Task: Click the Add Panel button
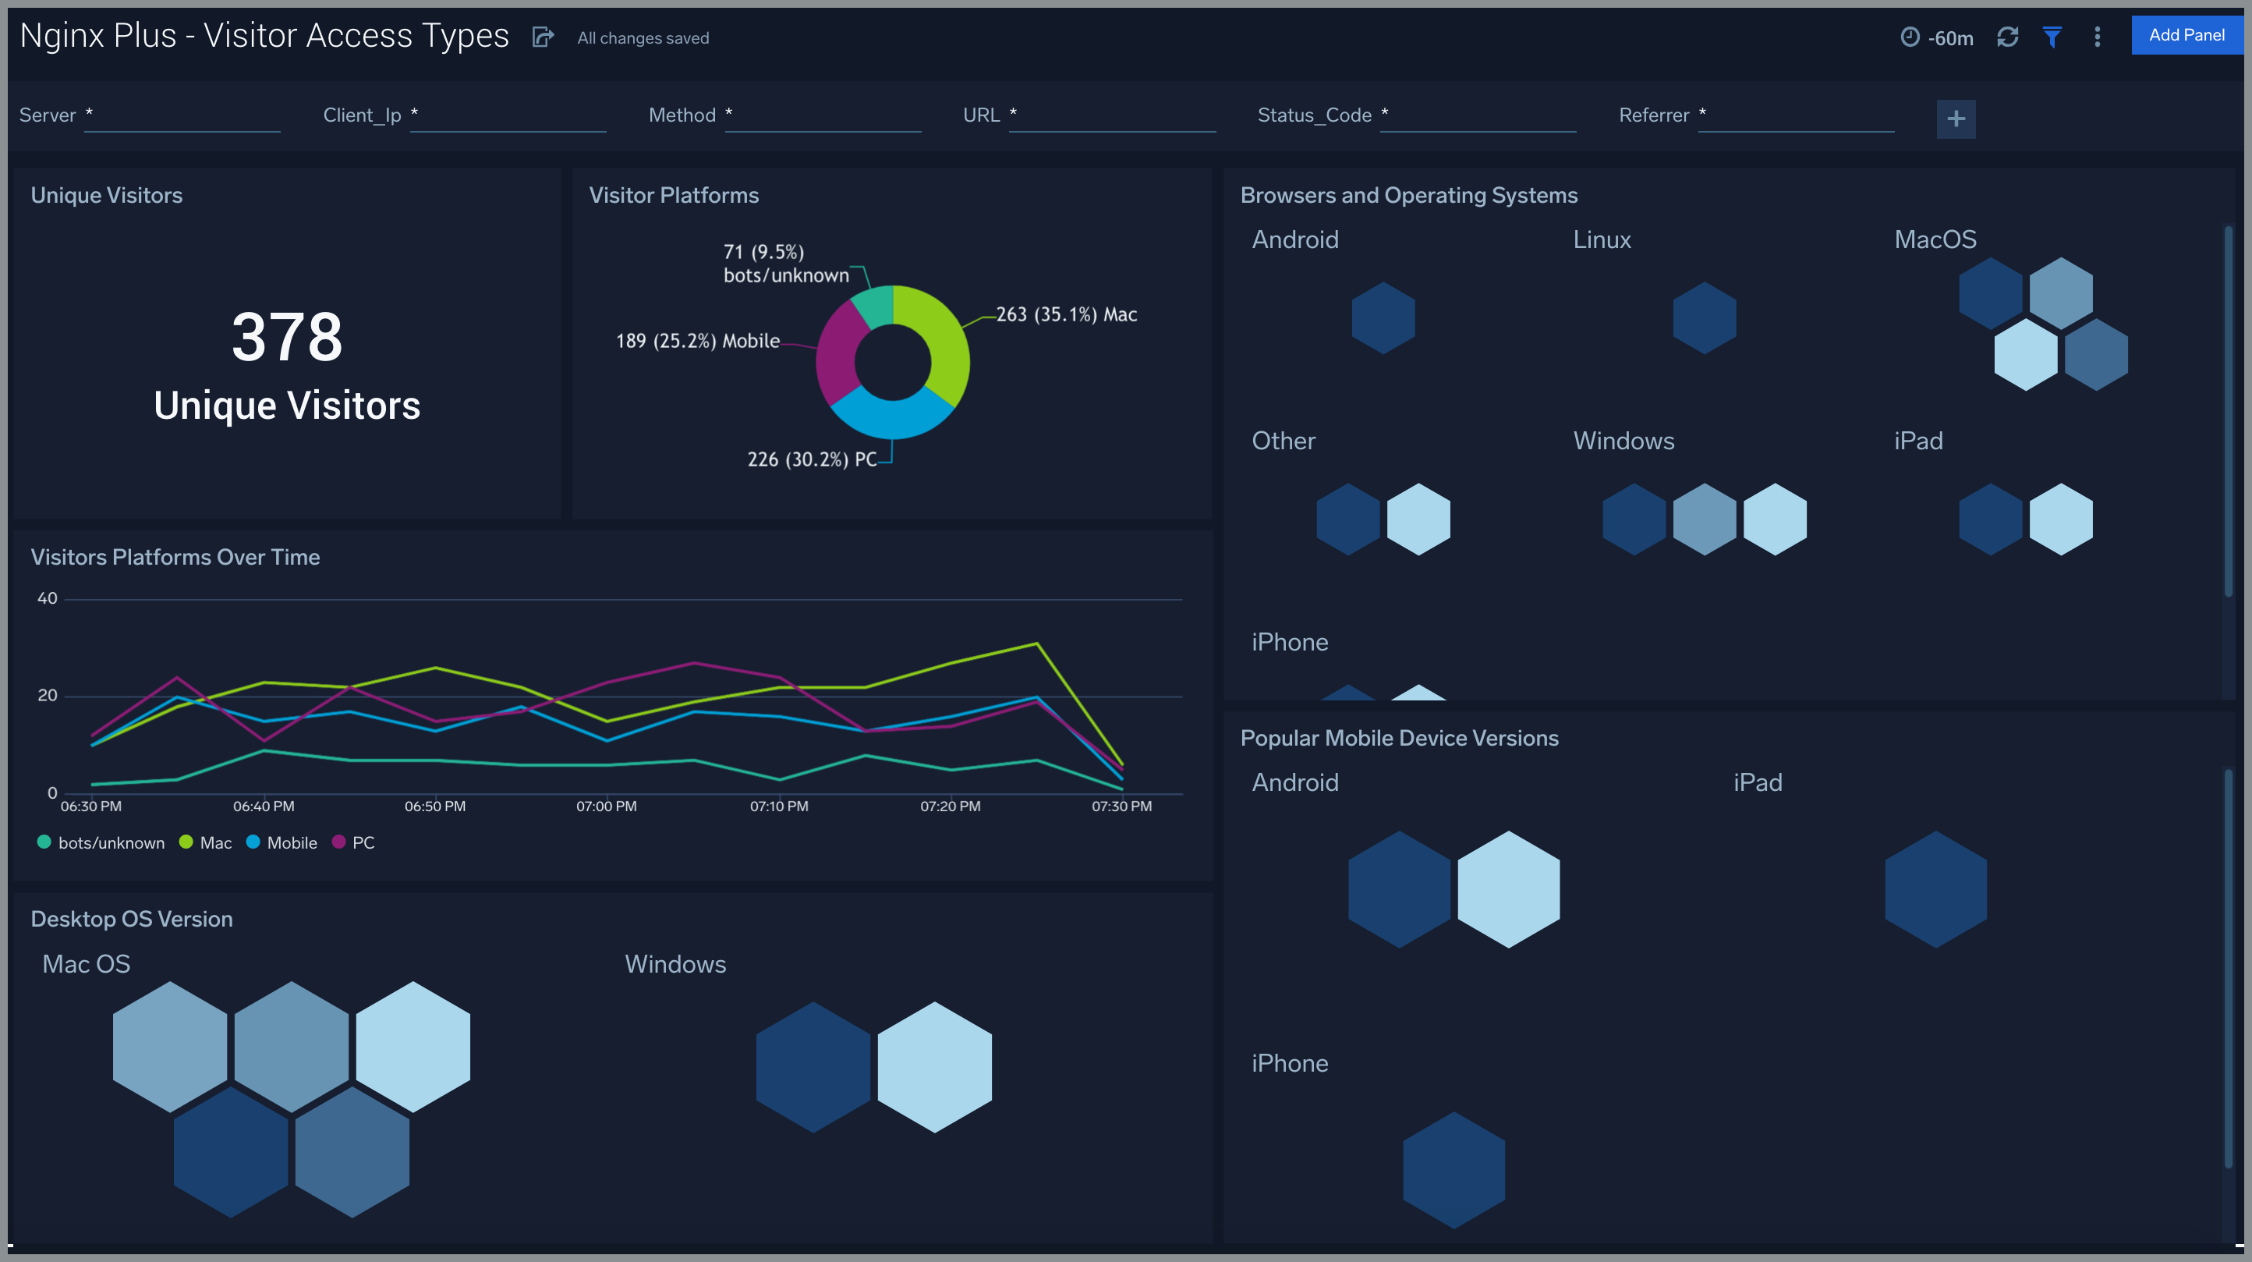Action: (x=2186, y=36)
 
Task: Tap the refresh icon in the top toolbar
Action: (x=2007, y=37)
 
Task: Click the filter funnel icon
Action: (x=2052, y=37)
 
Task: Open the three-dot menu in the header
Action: (x=2098, y=37)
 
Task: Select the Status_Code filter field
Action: (x=1478, y=115)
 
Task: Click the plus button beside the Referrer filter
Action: (x=1956, y=119)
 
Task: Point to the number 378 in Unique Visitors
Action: (x=287, y=337)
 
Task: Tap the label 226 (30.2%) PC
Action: (x=811, y=460)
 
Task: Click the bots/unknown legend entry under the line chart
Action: (x=101, y=843)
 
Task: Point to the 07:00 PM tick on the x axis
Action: (x=606, y=806)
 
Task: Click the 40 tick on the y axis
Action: (x=48, y=599)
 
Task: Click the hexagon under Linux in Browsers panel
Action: (x=1704, y=317)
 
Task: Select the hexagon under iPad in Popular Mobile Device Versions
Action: (x=1935, y=889)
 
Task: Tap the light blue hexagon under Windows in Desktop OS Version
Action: (x=934, y=1067)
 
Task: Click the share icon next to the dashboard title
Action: (x=543, y=37)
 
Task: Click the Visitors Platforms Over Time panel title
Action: (x=175, y=557)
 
